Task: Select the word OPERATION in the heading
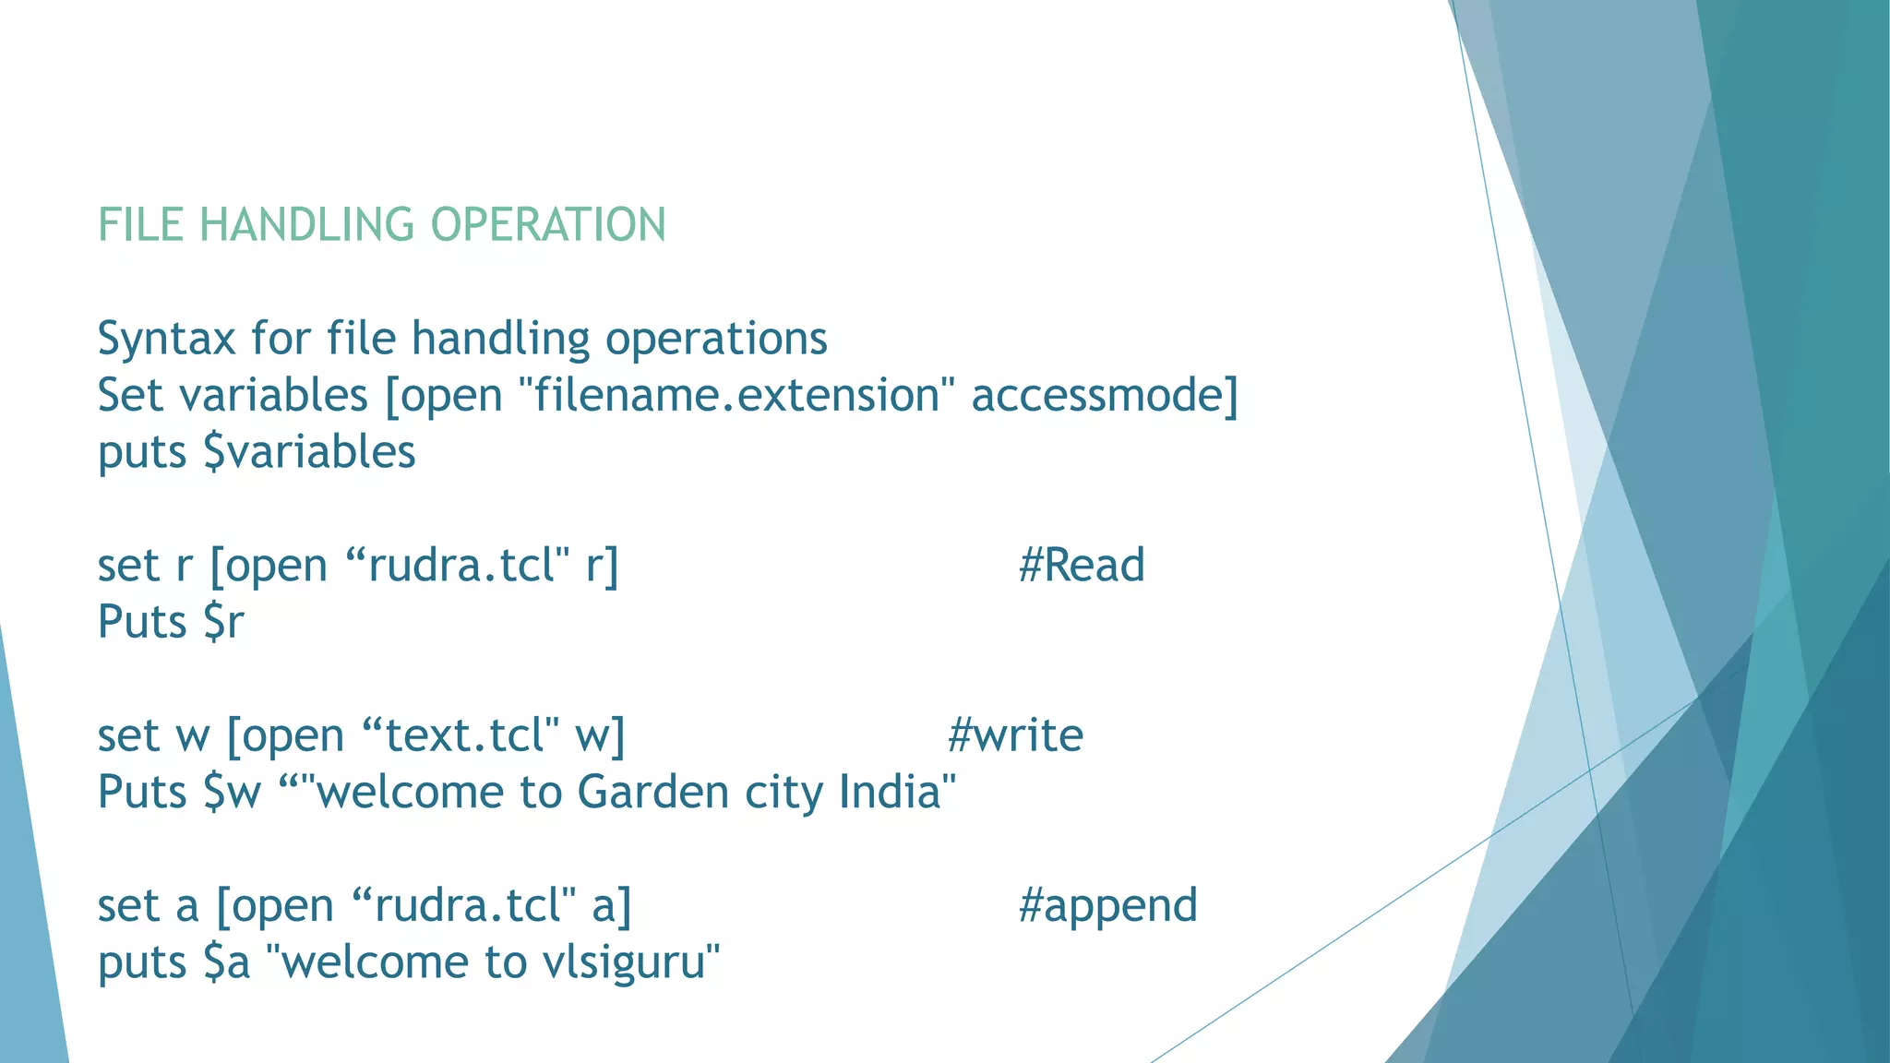point(548,225)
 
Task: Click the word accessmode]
point(1105,396)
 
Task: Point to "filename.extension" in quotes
point(736,396)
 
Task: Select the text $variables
point(309,453)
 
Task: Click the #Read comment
point(1082,566)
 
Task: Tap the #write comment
point(1015,735)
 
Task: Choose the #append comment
point(1107,906)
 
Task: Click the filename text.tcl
point(471,735)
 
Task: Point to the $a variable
point(227,963)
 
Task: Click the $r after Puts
point(223,623)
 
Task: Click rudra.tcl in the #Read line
point(461,566)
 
